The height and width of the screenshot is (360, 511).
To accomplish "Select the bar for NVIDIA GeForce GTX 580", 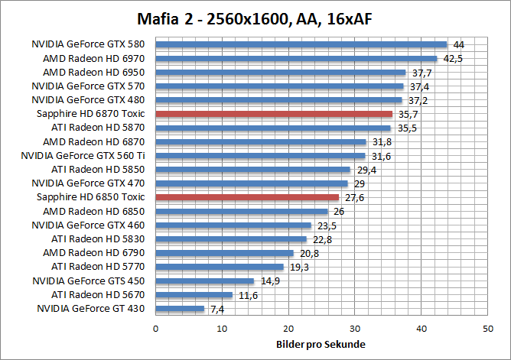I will (301, 44).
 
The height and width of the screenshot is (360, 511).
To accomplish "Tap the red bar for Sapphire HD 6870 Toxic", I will (273, 114).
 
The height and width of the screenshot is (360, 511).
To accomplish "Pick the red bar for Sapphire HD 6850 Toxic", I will (246, 197).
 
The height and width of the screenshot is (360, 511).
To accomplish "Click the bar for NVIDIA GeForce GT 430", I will (180, 309).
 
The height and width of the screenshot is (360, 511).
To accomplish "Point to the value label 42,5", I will (454, 59).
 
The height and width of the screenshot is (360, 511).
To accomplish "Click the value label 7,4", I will (218, 309).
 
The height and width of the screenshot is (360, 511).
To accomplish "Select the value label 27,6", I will (354, 197).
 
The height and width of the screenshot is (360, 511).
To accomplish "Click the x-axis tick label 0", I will (156, 329).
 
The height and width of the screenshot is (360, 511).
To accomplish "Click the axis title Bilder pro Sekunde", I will (321, 344).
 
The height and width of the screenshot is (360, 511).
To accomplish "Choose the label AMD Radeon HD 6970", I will (93, 58).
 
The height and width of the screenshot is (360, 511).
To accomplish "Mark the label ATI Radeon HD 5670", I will (98, 295).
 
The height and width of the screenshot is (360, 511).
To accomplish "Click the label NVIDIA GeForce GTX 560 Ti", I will (83, 156).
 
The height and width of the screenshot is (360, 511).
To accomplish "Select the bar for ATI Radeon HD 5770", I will (220, 267).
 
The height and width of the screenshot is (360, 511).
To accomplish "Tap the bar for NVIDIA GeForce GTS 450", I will (205, 281).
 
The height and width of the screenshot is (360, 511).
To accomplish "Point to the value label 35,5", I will (407, 128).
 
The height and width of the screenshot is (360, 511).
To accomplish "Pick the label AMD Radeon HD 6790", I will (93, 253).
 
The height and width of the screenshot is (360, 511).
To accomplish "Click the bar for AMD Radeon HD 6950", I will (280, 73).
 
